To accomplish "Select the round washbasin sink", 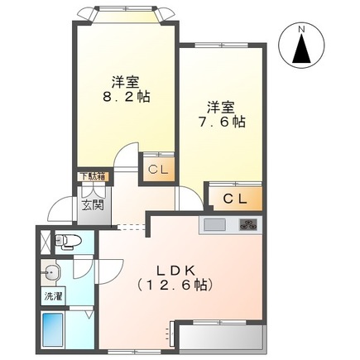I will coord(53,271).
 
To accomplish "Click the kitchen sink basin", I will coord(214,225).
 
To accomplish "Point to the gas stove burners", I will coord(247,224).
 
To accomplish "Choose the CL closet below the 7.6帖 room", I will coord(235,199).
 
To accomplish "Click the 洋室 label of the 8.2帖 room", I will coord(126,82).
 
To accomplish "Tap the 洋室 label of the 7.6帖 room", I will coord(220,106).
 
